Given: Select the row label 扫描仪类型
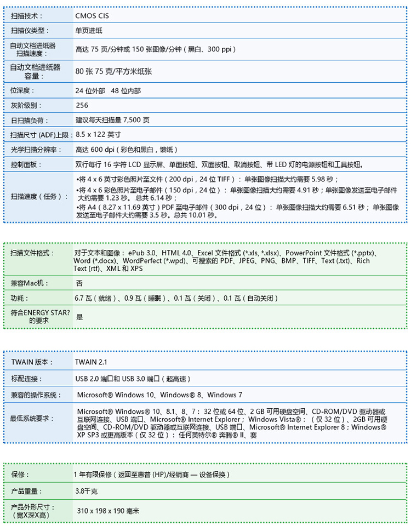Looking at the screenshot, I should click(x=30, y=31).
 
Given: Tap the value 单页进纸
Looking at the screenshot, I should click(x=89, y=31).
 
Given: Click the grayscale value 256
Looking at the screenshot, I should click(x=82, y=105).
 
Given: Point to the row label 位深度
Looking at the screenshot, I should click(x=23, y=90).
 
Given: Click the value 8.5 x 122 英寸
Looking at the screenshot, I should click(x=98, y=134).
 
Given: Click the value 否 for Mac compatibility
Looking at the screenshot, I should click(x=79, y=283).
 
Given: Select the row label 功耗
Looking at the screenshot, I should click(x=19, y=298).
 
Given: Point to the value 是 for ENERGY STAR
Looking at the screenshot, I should click(x=80, y=317).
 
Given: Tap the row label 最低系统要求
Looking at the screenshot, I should click(x=32, y=419).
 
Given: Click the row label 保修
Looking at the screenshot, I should click(x=20, y=474).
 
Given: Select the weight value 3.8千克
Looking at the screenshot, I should click(x=87, y=491).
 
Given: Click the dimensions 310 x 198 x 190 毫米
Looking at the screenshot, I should click(x=109, y=511).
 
